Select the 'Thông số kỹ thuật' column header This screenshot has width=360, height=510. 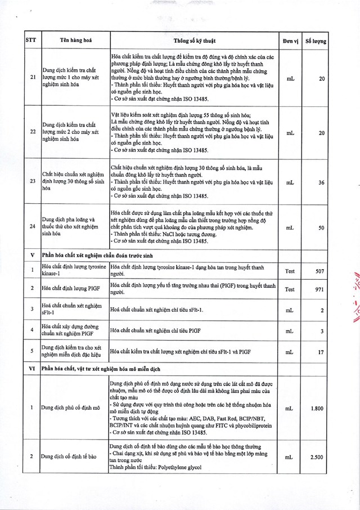(x=194, y=41)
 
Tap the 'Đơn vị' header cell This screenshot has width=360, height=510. (x=290, y=41)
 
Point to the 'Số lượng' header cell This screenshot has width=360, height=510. (x=316, y=41)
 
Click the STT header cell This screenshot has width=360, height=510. (x=31, y=41)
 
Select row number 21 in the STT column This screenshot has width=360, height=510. (x=31, y=79)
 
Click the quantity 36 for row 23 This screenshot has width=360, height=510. (x=321, y=183)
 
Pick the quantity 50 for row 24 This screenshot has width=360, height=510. (x=321, y=228)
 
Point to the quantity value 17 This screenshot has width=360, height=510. (x=321, y=352)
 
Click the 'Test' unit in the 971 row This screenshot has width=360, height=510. (x=290, y=289)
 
